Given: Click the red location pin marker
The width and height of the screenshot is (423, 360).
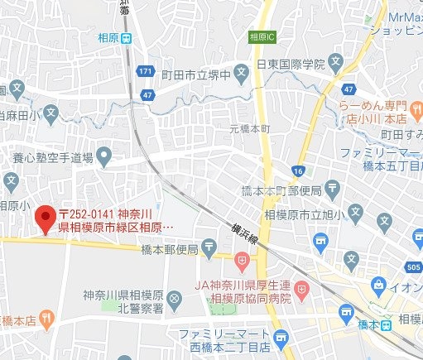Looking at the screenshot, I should (45, 218).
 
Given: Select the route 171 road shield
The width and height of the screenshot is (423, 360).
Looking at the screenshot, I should (146, 73).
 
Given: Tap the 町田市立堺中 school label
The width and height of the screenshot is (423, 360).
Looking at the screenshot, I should (195, 73).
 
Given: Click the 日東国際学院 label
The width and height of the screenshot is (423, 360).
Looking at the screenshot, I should (291, 62).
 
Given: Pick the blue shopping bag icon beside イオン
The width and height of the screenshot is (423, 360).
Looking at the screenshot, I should (380, 286).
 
